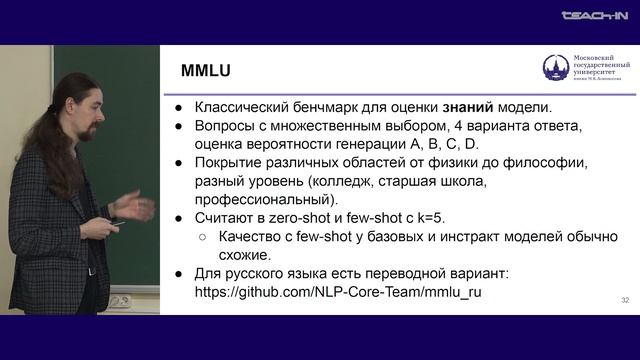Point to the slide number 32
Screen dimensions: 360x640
[x=625, y=299]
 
